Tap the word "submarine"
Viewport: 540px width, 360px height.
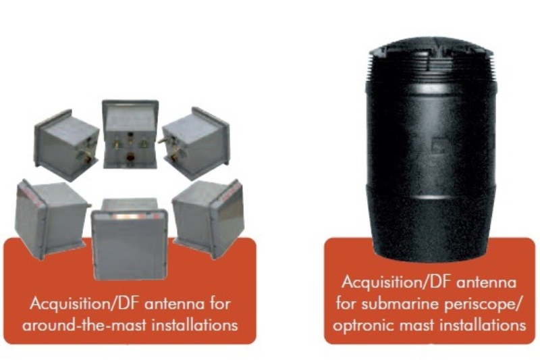[400, 304]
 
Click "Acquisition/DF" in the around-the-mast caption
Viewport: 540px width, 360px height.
[85, 304]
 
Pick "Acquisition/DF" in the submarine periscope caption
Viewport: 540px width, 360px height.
[397, 283]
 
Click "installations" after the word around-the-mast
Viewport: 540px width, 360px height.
[195, 325]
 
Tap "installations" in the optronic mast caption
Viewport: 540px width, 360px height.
[483, 325]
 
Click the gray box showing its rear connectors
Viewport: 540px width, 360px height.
[130, 134]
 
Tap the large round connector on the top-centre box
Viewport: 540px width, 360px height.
[130, 158]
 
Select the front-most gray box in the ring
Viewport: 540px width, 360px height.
[130, 239]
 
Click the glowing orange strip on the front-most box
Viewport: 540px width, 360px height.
[129, 217]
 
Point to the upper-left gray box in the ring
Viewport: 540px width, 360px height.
[66, 145]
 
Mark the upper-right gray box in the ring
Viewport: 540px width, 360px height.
[194, 144]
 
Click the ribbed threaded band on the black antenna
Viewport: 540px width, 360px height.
[431, 67]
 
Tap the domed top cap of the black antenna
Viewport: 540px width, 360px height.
[431, 44]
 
